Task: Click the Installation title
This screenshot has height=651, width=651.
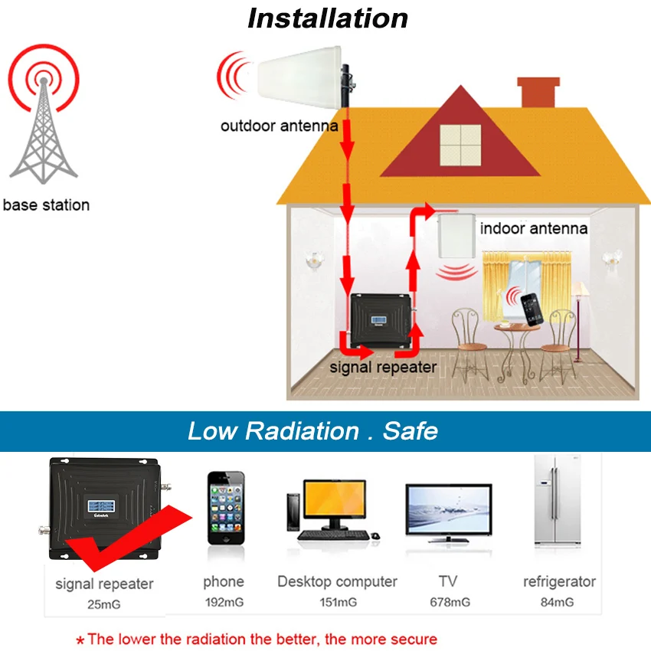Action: point(328,18)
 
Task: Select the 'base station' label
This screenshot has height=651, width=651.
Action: point(46,205)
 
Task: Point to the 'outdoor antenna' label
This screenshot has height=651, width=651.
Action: point(279,126)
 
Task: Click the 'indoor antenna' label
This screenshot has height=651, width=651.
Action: point(534,228)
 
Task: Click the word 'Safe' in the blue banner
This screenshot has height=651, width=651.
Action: point(411,430)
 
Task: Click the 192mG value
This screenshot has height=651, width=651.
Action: point(224,603)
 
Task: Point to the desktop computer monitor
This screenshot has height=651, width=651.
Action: point(333,502)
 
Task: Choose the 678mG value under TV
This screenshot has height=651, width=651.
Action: point(450,603)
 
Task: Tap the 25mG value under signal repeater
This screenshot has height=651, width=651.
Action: point(104,604)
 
